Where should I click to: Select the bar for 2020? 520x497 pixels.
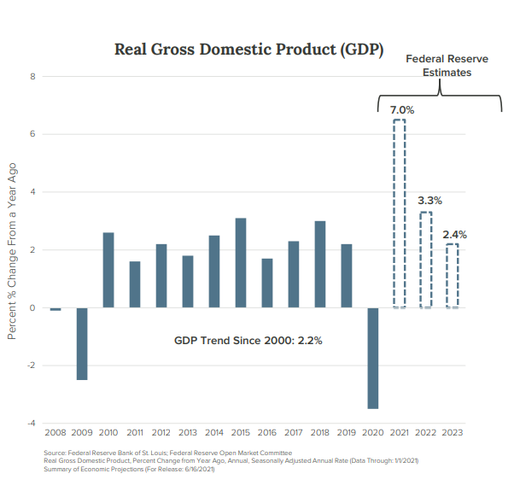coord(373,358)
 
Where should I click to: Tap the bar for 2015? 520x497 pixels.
coord(241,263)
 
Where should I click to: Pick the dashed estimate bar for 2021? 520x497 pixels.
coord(399,213)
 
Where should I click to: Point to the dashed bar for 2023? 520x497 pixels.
coord(453,276)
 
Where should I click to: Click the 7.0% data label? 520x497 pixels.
coord(402,110)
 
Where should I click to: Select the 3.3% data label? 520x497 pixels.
coord(429,201)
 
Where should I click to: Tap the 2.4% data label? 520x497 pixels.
coord(455,234)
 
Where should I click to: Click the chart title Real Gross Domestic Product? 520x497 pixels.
coord(248,49)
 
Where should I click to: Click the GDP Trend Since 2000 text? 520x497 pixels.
coord(248,340)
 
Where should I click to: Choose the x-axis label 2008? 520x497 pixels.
coord(56,433)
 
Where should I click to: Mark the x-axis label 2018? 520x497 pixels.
coord(320,433)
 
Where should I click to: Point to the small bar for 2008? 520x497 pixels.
coord(56,309)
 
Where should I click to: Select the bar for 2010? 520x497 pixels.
coord(108,270)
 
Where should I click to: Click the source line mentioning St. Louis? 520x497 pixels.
coord(167,453)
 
